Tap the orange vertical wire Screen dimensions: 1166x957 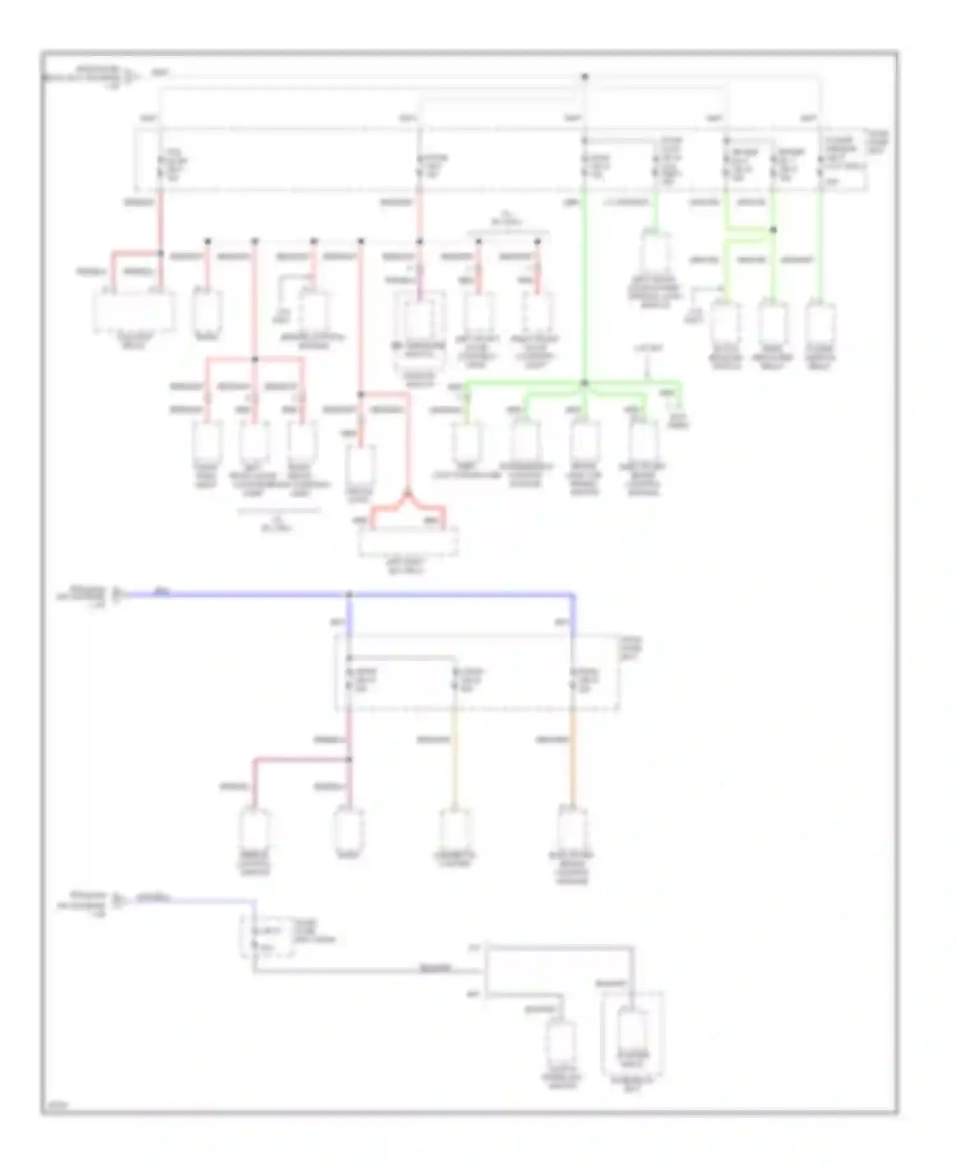click(572, 759)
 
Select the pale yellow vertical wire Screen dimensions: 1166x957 click(455, 759)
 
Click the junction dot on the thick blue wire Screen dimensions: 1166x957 click(349, 595)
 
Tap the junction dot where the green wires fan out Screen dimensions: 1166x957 click(584, 383)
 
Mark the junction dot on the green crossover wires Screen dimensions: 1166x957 click(773, 230)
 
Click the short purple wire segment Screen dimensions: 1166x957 click(419, 287)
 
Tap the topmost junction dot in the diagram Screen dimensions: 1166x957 click(584, 77)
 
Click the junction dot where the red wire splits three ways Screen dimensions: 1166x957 click(255, 360)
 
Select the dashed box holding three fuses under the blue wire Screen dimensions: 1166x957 click(476, 672)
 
